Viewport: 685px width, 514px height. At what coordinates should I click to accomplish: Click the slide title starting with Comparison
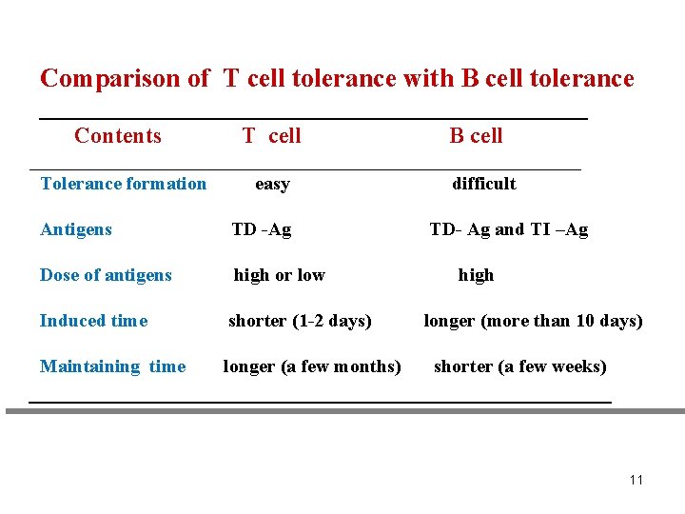(337, 78)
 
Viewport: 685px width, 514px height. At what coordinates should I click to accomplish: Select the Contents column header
(118, 136)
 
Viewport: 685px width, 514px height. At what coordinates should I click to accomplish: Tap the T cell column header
(271, 136)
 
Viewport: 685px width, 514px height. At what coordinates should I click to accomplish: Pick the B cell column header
(476, 136)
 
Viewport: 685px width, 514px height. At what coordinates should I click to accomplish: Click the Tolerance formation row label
(124, 184)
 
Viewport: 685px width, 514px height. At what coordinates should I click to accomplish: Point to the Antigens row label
(76, 229)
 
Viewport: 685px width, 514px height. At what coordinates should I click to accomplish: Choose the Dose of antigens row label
(106, 275)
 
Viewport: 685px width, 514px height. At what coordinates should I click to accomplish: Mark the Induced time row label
(93, 321)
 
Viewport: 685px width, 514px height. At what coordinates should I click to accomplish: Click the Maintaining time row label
(112, 366)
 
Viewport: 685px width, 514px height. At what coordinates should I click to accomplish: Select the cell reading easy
(272, 184)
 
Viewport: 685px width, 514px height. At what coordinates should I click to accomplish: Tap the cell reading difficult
(483, 184)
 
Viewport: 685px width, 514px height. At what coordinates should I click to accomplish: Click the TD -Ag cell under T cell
(262, 229)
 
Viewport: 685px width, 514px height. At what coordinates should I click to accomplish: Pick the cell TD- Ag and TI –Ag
(509, 229)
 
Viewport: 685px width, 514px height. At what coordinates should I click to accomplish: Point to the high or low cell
(279, 275)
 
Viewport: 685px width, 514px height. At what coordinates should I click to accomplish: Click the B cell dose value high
(476, 275)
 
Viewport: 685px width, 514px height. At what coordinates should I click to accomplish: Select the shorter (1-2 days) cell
(300, 321)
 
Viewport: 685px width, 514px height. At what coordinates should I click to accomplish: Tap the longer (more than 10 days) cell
(533, 321)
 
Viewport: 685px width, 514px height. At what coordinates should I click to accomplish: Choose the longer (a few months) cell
(312, 366)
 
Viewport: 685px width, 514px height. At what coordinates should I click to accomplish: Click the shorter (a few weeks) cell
(519, 366)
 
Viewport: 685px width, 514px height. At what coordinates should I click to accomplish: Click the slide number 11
(636, 480)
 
